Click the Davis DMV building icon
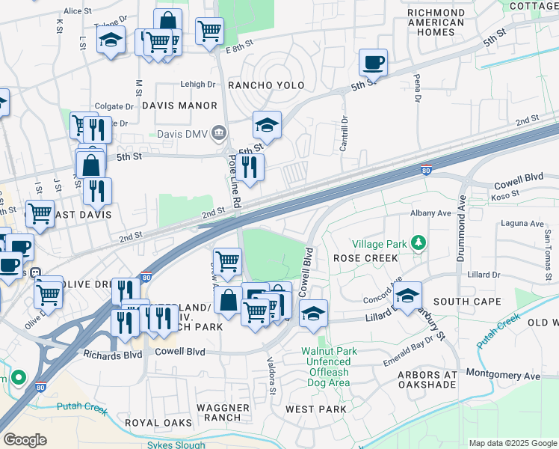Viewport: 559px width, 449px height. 219,134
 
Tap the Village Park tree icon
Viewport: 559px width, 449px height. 419,243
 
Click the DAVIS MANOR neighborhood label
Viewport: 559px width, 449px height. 179,106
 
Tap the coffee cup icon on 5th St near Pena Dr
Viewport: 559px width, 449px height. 373,62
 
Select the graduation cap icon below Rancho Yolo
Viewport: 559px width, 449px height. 267,123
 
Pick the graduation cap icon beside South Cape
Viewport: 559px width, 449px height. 407,296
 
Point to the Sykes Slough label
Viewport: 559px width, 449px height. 176,445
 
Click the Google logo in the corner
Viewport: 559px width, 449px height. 25,440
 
